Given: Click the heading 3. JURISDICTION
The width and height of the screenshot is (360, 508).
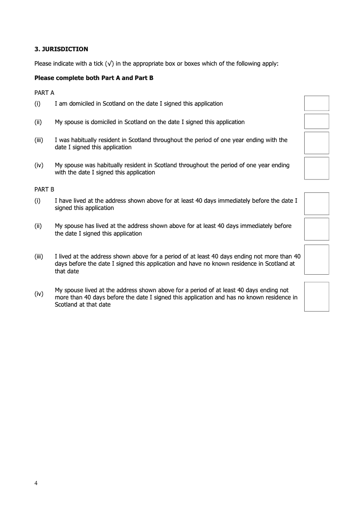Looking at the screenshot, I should click(x=61, y=49).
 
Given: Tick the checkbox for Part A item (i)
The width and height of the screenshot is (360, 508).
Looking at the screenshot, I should click(x=317, y=103).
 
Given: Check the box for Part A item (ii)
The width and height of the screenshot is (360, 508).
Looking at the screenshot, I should click(x=317, y=121).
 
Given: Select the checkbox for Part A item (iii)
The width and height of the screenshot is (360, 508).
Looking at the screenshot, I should click(x=317, y=143).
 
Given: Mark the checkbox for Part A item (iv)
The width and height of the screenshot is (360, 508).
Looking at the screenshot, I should click(x=317, y=168).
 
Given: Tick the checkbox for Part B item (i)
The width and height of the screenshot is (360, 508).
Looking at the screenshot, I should click(x=317, y=204).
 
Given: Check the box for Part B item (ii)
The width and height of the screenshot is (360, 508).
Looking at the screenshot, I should click(x=317, y=229).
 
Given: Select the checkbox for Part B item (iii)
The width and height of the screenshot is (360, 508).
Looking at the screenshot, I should click(x=317, y=259).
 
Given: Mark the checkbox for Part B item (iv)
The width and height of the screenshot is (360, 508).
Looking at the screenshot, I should click(x=317, y=297).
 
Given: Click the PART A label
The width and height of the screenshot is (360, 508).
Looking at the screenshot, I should click(x=44, y=93).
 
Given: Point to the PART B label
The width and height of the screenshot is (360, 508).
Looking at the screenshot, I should click(x=44, y=190).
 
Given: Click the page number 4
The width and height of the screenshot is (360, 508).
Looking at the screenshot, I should click(x=36, y=483).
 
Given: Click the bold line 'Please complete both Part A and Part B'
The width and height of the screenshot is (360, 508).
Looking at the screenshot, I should click(x=94, y=78).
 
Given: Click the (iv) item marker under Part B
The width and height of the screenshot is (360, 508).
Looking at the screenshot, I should click(x=39, y=294).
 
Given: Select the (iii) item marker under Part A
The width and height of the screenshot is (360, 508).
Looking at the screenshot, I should click(x=39, y=140).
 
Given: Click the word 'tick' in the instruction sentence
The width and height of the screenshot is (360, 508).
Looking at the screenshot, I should click(x=97, y=63).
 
